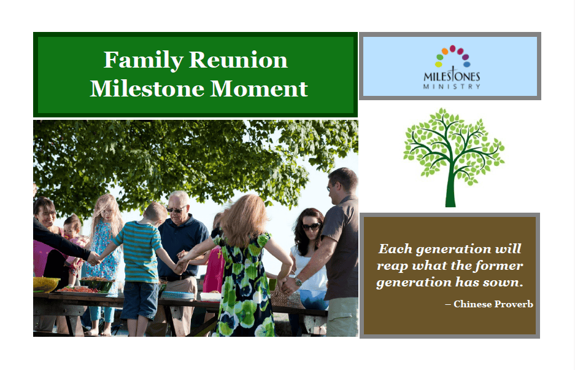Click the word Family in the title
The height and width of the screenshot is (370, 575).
click(144, 60)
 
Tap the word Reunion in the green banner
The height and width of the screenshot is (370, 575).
click(238, 60)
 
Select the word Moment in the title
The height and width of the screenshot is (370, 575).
click(259, 89)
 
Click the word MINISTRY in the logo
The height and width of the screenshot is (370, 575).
click(452, 87)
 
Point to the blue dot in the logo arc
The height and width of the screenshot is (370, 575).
click(467, 65)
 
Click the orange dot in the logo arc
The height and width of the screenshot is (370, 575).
click(445, 51)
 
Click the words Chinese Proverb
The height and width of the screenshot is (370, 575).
click(493, 304)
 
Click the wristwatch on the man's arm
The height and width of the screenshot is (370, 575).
click(298, 282)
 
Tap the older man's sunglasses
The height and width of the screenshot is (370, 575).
click(176, 210)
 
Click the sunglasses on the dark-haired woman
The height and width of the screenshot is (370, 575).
click(311, 227)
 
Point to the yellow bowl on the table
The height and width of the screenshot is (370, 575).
click(45, 284)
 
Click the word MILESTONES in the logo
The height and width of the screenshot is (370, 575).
click(452, 76)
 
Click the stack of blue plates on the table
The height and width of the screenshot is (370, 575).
click(177, 296)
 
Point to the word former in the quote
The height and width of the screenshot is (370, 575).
click(501, 266)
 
